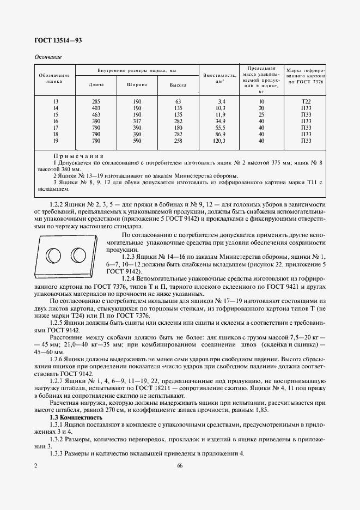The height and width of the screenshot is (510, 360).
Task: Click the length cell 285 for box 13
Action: (x=96, y=102)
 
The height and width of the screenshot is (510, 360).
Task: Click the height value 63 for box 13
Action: (x=178, y=102)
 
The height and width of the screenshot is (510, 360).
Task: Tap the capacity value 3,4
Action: (x=221, y=102)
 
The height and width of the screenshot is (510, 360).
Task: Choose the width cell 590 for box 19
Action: (x=137, y=141)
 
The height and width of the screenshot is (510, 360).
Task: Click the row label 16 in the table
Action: (x=55, y=122)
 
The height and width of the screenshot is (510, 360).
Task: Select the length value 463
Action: (x=96, y=115)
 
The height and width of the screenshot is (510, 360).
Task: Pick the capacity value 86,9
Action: (x=220, y=135)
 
